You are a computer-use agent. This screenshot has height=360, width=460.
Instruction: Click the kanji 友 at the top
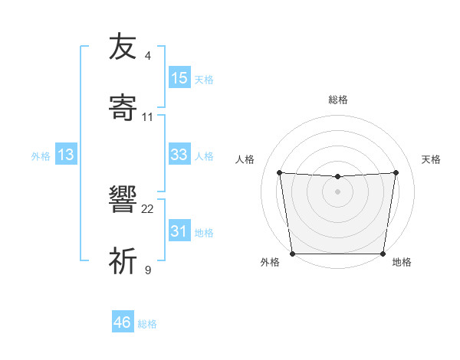click(x=123, y=47)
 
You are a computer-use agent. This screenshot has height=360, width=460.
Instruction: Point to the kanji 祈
click(x=123, y=261)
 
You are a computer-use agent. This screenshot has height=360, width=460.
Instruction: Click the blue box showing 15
click(x=179, y=78)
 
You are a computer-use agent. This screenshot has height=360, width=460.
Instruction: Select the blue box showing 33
click(x=179, y=155)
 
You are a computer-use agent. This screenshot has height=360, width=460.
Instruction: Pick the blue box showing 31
click(x=179, y=231)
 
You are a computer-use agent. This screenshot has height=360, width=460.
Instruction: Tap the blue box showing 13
click(x=66, y=155)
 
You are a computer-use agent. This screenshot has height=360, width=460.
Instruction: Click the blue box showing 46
click(x=123, y=322)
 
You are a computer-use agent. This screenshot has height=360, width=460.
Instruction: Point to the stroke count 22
click(x=148, y=208)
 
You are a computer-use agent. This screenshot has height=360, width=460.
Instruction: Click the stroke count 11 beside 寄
click(x=148, y=117)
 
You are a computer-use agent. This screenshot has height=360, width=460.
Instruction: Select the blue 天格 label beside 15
click(x=204, y=79)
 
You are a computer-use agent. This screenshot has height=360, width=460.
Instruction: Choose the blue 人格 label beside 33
click(x=204, y=155)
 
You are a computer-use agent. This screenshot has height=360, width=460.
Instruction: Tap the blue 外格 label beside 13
click(x=41, y=155)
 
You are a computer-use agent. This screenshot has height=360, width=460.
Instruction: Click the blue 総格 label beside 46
click(x=147, y=324)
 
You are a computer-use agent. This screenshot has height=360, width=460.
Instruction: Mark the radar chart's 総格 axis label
click(x=337, y=100)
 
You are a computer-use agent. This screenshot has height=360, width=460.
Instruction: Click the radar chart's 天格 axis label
click(x=432, y=159)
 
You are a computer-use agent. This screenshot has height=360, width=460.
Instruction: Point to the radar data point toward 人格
click(x=279, y=172)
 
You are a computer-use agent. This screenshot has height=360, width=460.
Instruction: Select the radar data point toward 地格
click(x=383, y=254)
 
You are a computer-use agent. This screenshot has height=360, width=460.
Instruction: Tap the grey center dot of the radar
click(x=337, y=191)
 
